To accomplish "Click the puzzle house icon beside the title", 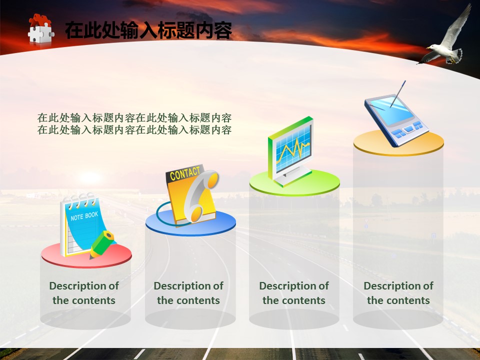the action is pos(40,29).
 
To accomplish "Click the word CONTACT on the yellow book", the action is pos(184,173).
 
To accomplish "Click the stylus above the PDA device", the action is pos(398,94).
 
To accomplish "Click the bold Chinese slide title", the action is pos(148,30).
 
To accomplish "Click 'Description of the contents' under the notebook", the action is pos(84,293).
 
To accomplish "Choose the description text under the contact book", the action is pos(188,293).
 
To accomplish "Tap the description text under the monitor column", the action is pos(294,293).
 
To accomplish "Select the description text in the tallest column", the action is pos(398,293).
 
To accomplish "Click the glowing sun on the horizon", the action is pos(89,177).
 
